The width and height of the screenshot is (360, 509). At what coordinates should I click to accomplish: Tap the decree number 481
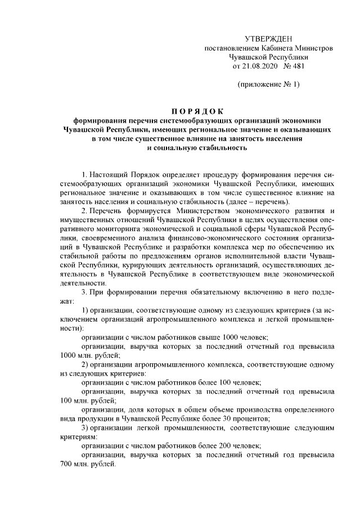296,66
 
